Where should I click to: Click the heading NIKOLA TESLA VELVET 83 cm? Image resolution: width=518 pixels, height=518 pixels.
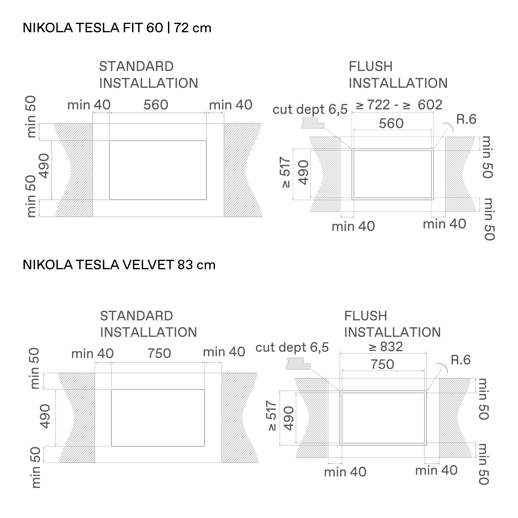click(x=119, y=265)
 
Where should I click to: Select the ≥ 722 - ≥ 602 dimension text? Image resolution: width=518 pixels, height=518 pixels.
click(x=399, y=105)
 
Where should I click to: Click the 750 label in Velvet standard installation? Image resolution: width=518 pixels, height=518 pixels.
click(x=159, y=353)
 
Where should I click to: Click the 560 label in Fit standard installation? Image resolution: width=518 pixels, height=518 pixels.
click(x=156, y=105)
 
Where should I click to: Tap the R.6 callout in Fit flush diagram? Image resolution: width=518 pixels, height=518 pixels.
click(x=466, y=120)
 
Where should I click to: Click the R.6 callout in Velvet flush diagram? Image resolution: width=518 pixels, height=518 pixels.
click(x=461, y=360)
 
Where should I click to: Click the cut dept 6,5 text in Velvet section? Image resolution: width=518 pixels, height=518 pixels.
click(x=292, y=347)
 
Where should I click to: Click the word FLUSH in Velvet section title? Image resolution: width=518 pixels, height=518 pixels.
click(x=365, y=316)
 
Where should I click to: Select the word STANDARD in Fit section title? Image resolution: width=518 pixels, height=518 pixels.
click(x=136, y=66)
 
